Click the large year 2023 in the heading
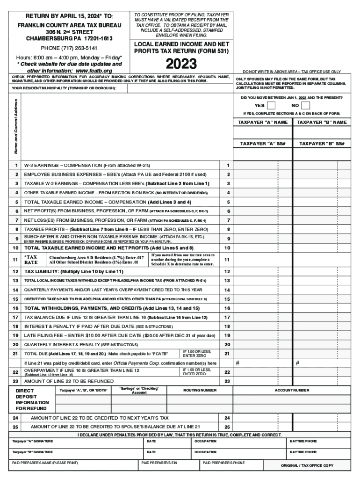click(181, 64)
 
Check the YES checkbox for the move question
click(271, 106)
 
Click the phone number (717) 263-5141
click(69, 48)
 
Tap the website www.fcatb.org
click(97, 71)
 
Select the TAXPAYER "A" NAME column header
click(262, 122)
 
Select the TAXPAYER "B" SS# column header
click(322, 144)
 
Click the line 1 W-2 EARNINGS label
click(87, 166)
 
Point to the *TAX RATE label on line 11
click(31, 260)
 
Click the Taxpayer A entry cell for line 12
click(262, 272)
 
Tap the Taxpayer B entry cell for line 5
click(322, 203)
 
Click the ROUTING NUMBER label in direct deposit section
click(200, 390)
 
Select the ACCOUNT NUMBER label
click(292, 390)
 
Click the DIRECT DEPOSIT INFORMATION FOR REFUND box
click(32, 399)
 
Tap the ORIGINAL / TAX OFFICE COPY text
click(307, 466)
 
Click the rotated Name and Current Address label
click(16, 127)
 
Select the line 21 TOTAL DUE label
click(96, 354)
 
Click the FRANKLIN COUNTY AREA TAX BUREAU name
click(70, 25)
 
